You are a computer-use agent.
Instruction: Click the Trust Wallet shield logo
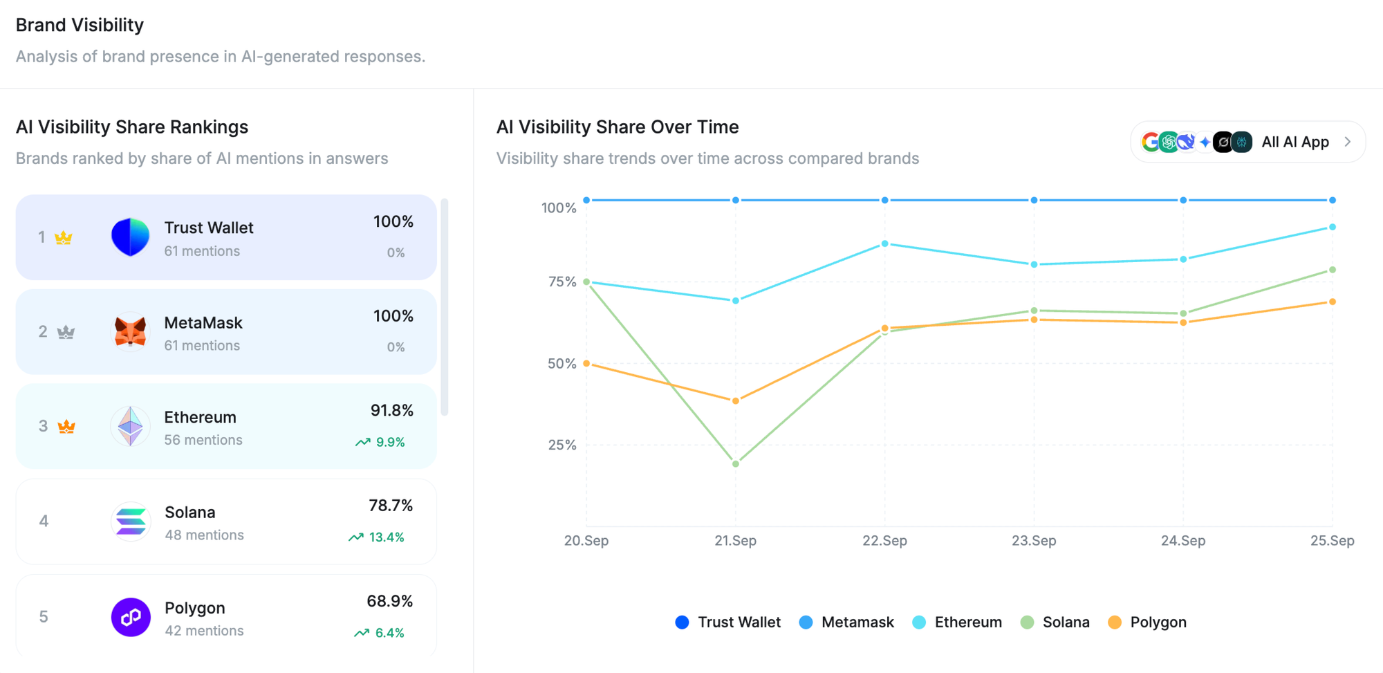pos(130,237)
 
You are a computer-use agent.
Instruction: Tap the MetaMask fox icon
pos(130,332)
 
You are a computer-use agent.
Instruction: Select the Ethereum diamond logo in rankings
pos(130,426)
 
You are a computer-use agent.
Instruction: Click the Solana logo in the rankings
pos(131,521)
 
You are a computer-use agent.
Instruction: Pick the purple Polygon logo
pos(131,617)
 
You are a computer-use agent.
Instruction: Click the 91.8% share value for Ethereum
pos(391,411)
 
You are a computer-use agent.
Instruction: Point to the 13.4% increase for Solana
pos(377,537)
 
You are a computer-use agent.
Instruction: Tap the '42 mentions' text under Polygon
pos(204,631)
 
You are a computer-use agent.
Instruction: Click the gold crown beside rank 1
pos(64,238)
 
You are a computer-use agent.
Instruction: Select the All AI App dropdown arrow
pos(1348,142)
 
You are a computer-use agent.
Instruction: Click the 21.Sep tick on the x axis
pos(735,541)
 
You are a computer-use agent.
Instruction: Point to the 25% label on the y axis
pos(561,445)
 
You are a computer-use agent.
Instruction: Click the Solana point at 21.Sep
pos(736,463)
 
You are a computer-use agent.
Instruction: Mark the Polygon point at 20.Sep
pos(586,363)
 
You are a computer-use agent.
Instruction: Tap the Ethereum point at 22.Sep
pos(885,243)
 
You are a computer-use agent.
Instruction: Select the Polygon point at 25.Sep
pos(1333,302)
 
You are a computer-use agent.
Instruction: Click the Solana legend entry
pos(1055,623)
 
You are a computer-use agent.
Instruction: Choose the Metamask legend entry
pos(846,623)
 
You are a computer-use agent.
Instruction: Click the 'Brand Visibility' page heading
pos(80,25)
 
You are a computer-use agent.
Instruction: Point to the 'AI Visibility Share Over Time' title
pos(618,127)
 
